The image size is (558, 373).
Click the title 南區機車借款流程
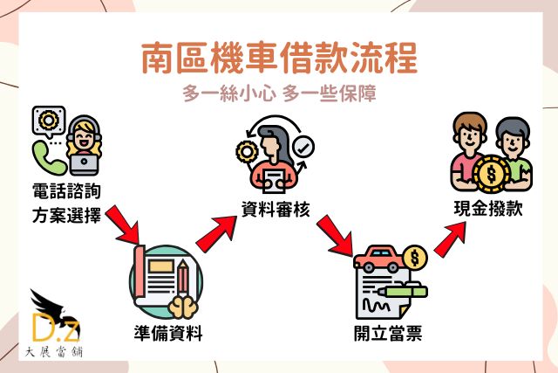279,59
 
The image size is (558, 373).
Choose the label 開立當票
387,333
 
